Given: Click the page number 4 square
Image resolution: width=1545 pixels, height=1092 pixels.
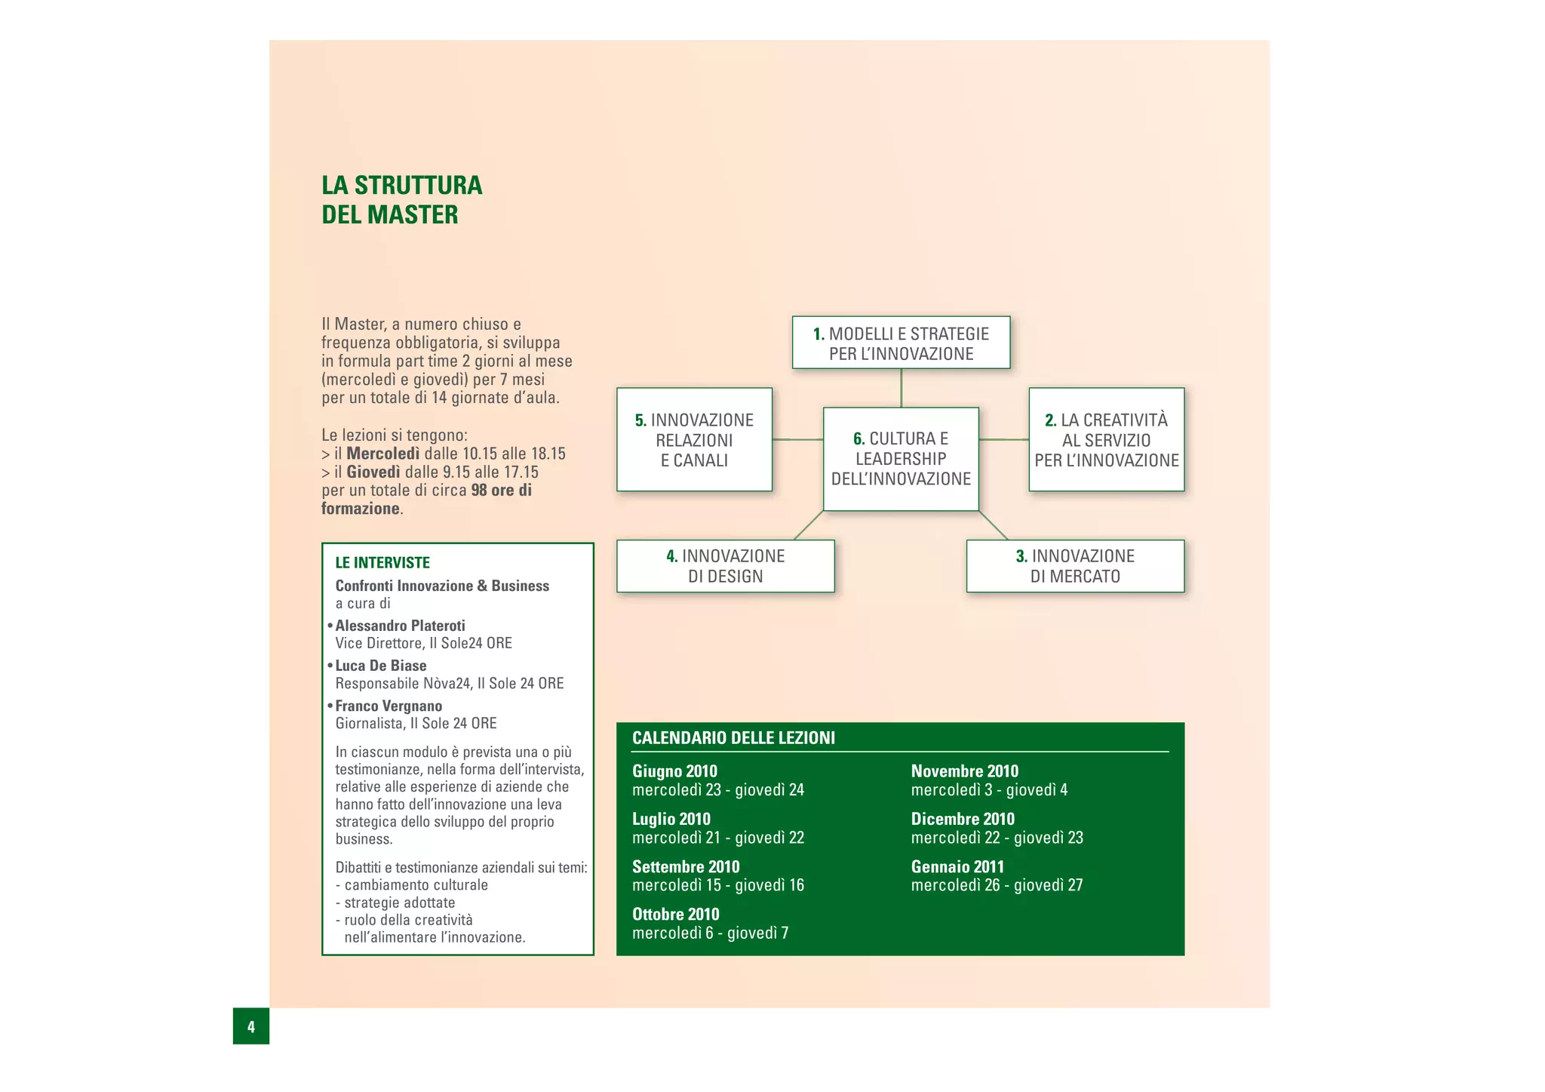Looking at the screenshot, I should coord(250,1026).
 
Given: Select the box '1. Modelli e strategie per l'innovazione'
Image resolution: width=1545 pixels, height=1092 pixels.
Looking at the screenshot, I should coord(901,343).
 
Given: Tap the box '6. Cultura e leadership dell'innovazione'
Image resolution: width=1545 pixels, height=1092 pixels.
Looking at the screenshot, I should coord(901,459).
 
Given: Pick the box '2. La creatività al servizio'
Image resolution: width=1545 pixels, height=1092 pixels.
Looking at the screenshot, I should coord(1106,440).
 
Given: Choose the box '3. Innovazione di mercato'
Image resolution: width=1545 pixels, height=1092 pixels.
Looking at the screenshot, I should coord(1075,566).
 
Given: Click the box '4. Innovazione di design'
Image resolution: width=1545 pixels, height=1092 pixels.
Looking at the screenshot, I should coord(725,566).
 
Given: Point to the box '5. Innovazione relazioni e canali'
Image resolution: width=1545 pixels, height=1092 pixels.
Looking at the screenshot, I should coord(694,440).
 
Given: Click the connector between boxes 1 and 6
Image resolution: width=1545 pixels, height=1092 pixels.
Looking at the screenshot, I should coord(901,388).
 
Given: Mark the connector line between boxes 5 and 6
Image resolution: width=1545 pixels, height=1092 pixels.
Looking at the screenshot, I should coord(797,439).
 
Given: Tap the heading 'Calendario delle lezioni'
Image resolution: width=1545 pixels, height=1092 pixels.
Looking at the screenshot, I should coord(733,738).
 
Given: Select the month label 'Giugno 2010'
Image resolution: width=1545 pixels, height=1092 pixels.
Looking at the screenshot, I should coord(674,771).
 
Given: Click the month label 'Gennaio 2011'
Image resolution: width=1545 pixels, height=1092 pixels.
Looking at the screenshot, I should coord(957,866).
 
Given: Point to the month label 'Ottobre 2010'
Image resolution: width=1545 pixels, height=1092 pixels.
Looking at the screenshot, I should coord(675,914).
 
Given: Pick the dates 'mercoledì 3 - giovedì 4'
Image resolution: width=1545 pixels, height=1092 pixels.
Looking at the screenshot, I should coord(989,790).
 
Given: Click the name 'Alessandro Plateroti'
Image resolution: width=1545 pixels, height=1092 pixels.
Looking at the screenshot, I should coord(400,626).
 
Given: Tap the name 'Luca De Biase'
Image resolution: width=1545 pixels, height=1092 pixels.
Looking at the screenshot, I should coord(381,666).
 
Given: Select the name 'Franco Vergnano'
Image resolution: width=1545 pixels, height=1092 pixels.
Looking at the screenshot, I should coord(389,706).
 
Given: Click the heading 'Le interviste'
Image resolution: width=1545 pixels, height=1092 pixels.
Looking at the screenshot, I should coord(382,562).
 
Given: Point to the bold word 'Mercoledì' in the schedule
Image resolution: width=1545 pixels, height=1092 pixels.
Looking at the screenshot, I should coord(382,454).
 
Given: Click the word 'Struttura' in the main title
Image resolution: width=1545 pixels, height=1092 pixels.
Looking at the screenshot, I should coord(418,186).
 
